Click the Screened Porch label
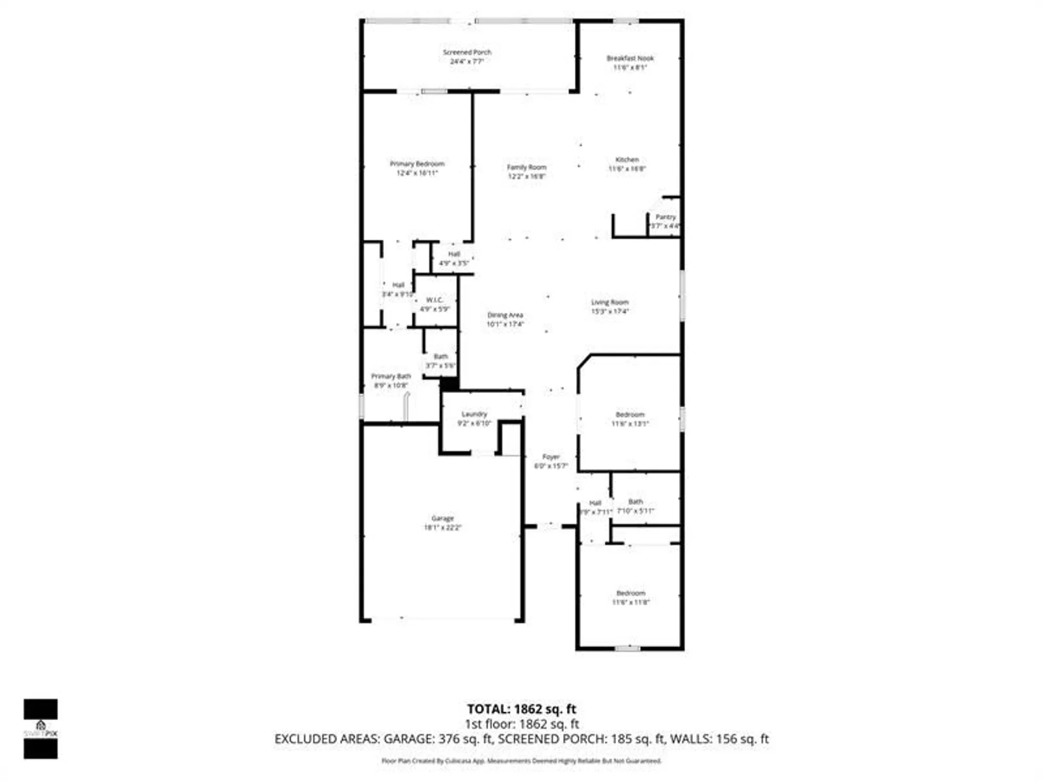pos(467,56)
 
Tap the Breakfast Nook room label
pos(629,63)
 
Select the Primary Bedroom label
pos(417,168)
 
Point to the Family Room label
pos(526,172)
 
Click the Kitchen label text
pos(627,164)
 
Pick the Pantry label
pos(665,221)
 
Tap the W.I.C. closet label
pos(434,304)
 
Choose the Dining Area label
pos(505,319)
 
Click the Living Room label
pos(609,307)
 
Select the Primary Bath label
pos(391,381)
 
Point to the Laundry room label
pos(474,418)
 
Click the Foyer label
pos(551,461)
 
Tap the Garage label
pos(442,522)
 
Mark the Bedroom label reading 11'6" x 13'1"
pos(629,419)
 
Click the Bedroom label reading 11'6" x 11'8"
pos(630,597)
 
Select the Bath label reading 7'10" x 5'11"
pos(635,506)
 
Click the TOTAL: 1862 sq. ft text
pos(521,709)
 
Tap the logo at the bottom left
pos(41,728)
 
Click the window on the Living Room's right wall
pos(682,295)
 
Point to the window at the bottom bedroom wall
pos(627,649)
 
